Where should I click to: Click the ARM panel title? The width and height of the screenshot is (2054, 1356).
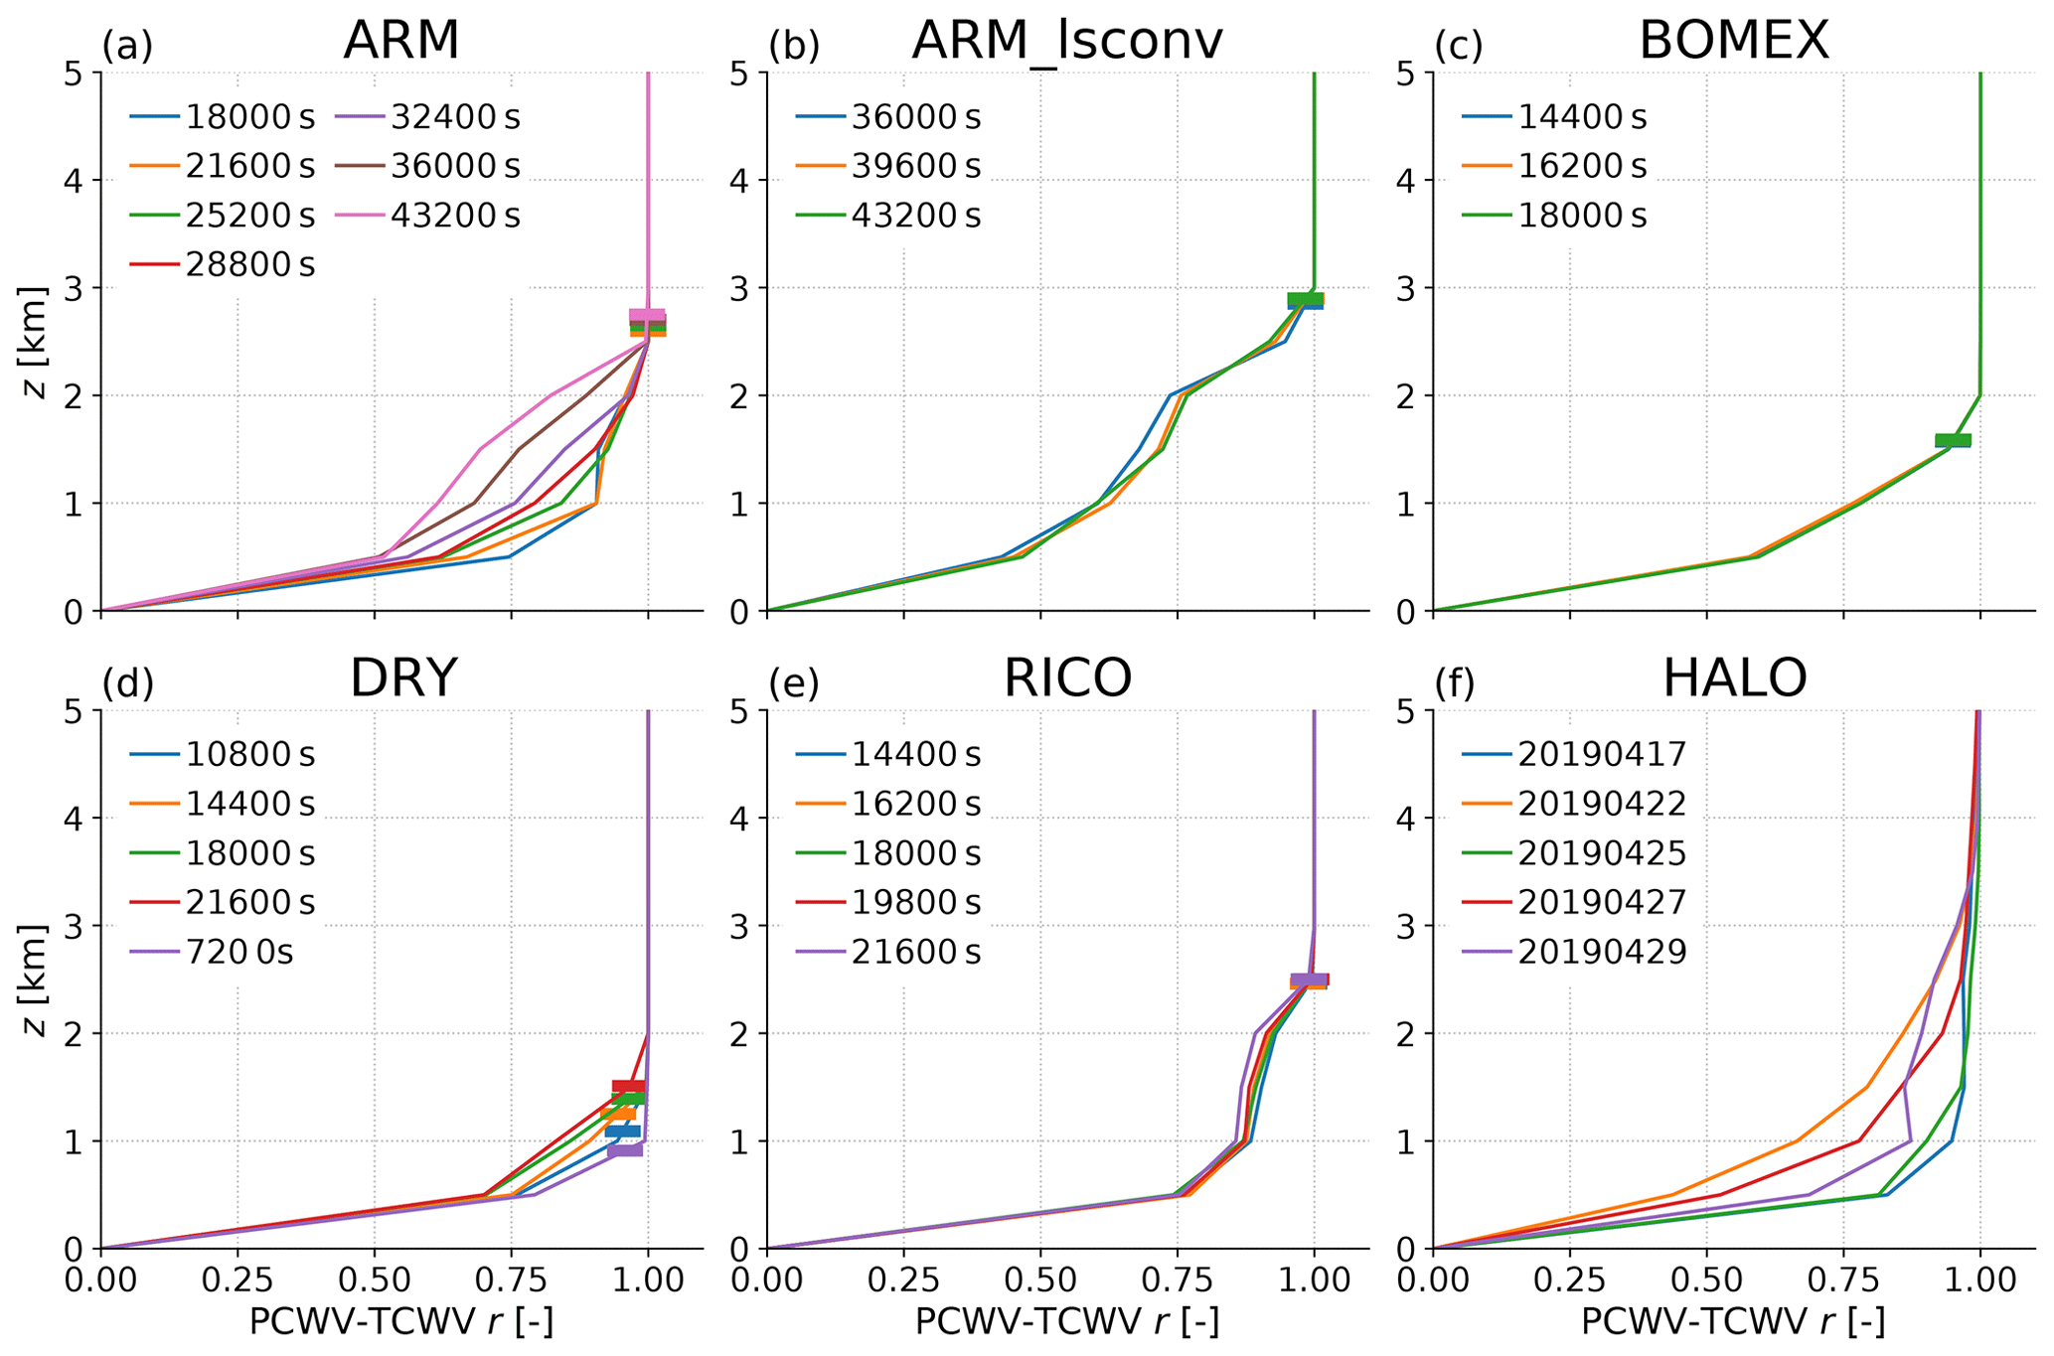pyautogui.click(x=401, y=42)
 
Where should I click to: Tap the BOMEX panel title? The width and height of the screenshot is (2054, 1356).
pyautogui.click(x=1733, y=42)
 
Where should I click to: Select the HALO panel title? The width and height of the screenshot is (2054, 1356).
pyautogui.click(x=1734, y=679)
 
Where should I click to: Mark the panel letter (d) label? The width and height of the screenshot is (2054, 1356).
pyautogui.click(x=128, y=683)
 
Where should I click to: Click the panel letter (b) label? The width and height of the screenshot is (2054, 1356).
pyautogui.click(x=794, y=46)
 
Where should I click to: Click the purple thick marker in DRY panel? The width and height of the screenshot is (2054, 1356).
pyautogui.click(x=625, y=1149)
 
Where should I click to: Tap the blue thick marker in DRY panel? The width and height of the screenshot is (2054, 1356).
pyautogui.click(x=623, y=1131)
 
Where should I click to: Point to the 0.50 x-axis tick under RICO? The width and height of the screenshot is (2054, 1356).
pyautogui.click(x=1040, y=1281)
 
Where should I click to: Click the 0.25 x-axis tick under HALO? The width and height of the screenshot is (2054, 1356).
pyautogui.click(x=1569, y=1281)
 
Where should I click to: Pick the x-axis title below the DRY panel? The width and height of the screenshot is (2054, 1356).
pyautogui.click(x=401, y=1323)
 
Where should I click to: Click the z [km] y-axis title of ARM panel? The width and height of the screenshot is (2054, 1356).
pyautogui.click(x=36, y=341)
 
